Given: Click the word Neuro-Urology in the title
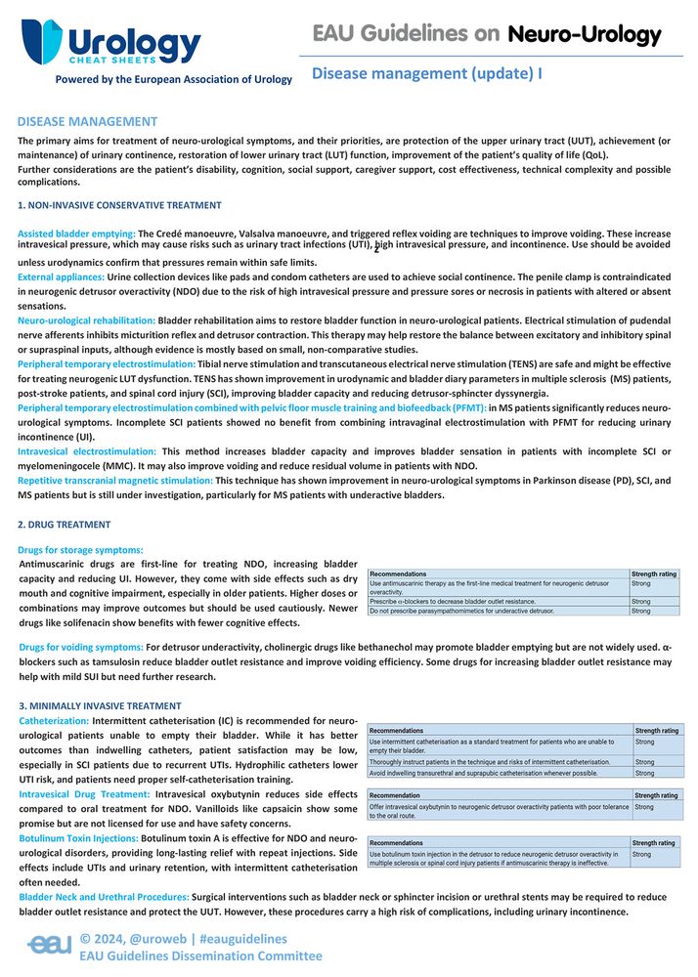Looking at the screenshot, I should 584,35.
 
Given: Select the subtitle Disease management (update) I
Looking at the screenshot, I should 427,73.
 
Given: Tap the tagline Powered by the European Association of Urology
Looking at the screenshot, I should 173,79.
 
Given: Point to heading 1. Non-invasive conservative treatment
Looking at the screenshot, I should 119,205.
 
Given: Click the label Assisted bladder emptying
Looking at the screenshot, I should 76,234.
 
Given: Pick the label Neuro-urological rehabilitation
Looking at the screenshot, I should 86,320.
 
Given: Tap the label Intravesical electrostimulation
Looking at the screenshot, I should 86,450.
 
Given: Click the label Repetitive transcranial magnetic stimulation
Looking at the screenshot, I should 115,481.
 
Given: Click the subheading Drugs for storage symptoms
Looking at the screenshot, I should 81,550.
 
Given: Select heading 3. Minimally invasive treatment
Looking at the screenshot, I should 100,705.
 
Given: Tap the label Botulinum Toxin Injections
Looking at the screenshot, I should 78,838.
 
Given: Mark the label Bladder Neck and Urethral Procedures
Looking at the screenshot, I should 104,897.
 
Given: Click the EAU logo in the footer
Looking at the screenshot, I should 49,946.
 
